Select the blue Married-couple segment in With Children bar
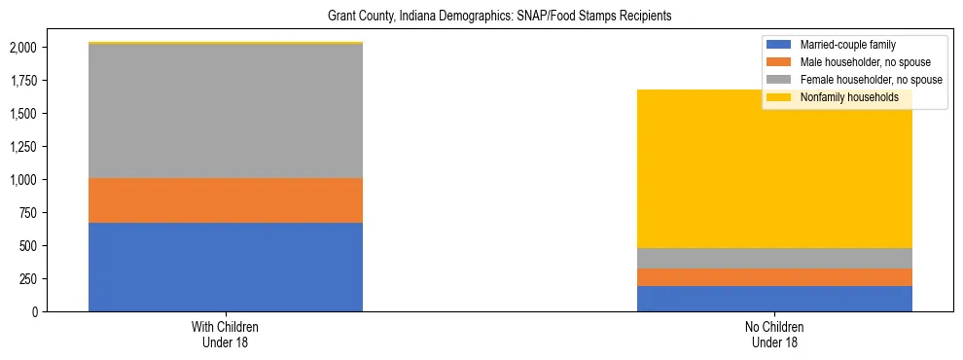click(226, 267)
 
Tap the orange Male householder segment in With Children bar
click(226, 200)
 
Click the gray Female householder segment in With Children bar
click(226, 111)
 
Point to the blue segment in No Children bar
click(774, 299)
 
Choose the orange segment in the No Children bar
click(774, 277)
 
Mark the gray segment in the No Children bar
click(774, 258)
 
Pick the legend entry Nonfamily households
click(842, 97)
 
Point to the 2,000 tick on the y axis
click(22, 48)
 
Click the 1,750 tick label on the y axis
click(22, 81)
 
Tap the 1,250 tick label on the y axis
click(22, 147)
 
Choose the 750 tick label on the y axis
click(28, 213)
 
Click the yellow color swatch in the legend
click(778, 97)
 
